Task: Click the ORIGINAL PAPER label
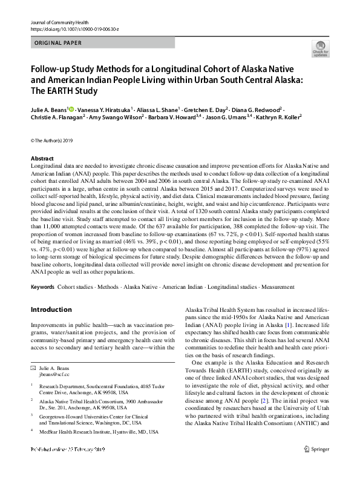pyautogui.click(x=57, y=43)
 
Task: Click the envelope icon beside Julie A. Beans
pyautogui.click(x=34, y=368)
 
